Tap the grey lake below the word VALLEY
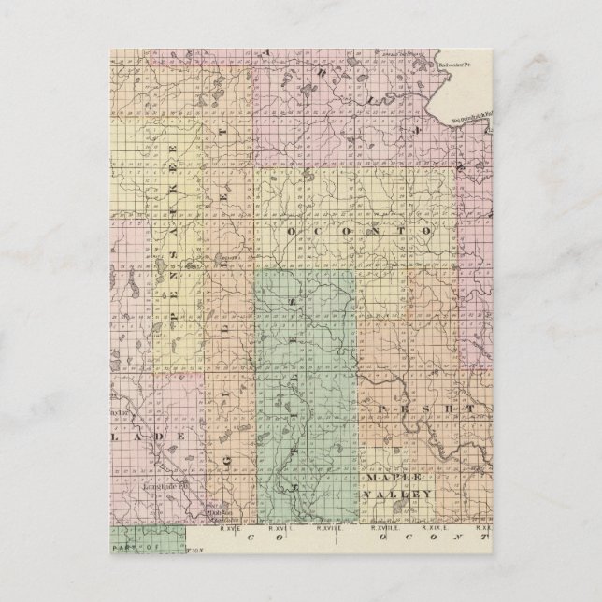coord(394,512)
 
